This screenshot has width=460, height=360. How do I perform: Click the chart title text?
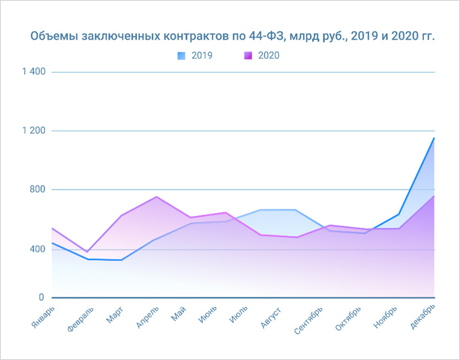point(232,36)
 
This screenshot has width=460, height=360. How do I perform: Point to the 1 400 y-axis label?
point(34,72)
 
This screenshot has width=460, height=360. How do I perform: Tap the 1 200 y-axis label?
point(34,131)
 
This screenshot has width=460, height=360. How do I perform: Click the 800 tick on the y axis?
point(37,189)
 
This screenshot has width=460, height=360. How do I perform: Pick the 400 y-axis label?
point(37,249)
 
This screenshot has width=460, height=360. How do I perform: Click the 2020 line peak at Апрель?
point(157,197)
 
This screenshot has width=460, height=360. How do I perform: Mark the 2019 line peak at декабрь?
point(434,138)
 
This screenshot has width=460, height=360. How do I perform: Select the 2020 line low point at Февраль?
point(87,252)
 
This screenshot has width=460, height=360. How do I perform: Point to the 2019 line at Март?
point(121,260)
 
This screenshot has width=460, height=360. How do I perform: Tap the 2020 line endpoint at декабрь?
point(434,196)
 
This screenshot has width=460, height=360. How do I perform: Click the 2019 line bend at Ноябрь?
point(399,214)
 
